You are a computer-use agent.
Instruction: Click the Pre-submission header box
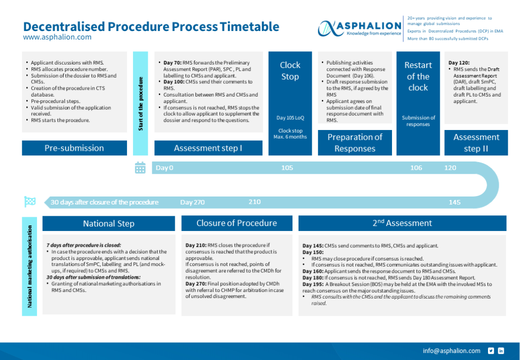(x=74, y=148)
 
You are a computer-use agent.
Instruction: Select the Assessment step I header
(x=208, y=148)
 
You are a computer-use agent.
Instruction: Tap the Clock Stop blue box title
(x=290, y=71)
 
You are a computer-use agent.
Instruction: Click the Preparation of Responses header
(x=354, y=143)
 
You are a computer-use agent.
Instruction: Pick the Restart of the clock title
(x=418, y=76)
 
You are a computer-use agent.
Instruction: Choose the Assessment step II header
(x=476, y=143)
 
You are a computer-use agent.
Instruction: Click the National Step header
(x=109, y=223)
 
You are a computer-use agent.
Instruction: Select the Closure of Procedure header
(x=237, y=223)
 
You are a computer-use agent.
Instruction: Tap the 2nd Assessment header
(x=402, y=223)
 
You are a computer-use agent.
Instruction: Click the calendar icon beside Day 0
(x=140, y=168)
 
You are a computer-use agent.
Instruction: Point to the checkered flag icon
(x=30, y=202)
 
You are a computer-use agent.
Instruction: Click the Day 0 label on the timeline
(x=165, y=168)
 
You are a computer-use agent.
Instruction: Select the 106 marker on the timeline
(x=416, y=168)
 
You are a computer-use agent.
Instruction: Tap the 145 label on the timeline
(x=454, y=202)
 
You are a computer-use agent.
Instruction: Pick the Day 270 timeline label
(x=192, y=202)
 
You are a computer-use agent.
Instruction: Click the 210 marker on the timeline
(x=254, y=202)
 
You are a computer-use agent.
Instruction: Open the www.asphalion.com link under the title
(x=57, y=37)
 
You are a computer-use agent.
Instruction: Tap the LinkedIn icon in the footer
(x=501, y=351)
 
